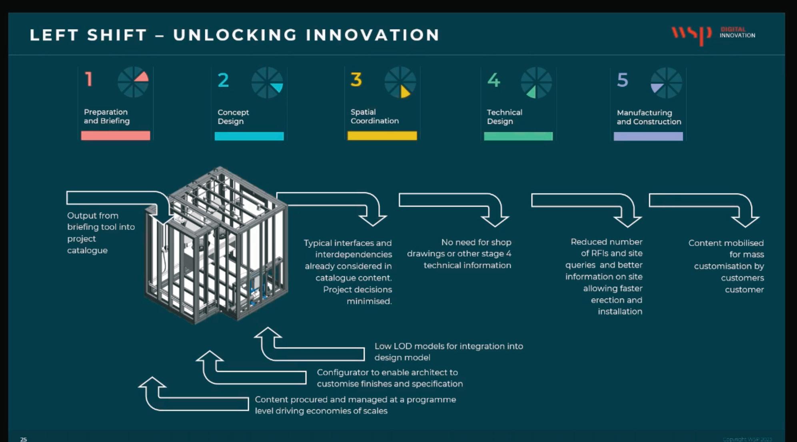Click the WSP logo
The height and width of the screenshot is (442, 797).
click(691, 35)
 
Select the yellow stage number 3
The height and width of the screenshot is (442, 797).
click(356, 80)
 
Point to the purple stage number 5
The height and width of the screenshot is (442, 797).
click(622, 80)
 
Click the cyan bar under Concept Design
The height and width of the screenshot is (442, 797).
click(249, 136)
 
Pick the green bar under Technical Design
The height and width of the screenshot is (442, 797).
click(518, 136)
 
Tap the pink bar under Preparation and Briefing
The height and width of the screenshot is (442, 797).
click(116, 136)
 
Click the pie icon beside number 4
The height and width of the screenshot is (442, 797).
click(536, 83)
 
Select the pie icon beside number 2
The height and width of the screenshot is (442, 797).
click(267, 83)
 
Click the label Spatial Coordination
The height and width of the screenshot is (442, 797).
click(374, 116)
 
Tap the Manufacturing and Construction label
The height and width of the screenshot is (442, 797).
click(649, 117)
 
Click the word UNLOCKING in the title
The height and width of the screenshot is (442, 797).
click(235, 35)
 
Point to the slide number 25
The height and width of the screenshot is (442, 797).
click(24, 439)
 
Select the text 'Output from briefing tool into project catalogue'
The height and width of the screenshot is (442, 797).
click(100, 233)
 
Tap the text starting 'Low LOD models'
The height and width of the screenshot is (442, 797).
click(448, 352)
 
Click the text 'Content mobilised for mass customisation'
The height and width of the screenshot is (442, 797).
click(726, 266)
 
